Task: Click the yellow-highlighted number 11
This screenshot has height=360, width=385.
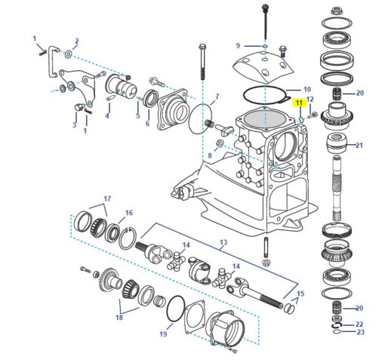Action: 299,103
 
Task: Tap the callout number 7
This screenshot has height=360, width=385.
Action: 217,97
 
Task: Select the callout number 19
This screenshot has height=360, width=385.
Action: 163,334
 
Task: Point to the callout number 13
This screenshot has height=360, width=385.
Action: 223,242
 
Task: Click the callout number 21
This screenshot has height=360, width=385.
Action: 359,145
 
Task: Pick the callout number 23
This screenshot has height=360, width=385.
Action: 361,332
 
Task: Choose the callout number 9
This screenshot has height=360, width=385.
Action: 238,46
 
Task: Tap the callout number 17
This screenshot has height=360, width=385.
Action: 107,198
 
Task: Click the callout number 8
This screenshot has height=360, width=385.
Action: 210,155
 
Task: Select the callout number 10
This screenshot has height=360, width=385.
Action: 307,89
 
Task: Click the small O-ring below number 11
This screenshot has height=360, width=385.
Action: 301,119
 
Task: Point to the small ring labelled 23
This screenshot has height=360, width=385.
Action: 337,332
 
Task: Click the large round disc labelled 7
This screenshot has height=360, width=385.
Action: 191,118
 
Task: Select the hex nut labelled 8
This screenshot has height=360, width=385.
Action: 220,143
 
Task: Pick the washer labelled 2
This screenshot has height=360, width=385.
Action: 69,54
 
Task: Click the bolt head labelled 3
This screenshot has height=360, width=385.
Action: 78,107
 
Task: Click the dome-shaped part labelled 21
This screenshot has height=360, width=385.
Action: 337,143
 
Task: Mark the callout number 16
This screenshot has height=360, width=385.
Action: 129,213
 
